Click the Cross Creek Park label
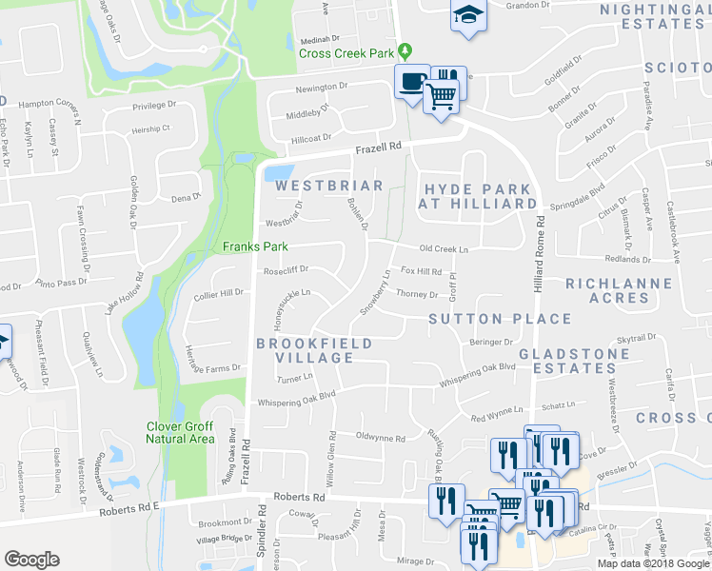pyautogui.click(x=346, y=53)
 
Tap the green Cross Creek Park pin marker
pyautogui.click(x=405, y=50)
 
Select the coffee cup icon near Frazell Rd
pyautogui.click(x=411, y=82)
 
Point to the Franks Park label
pyautogui.click(x=255, y=246)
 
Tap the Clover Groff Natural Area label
pyautogui.click(x=180, y=432)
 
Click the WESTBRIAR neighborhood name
pyautogui.click(x=328, y=187)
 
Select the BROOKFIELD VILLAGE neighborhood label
pyautogui.click(x=313, y=349)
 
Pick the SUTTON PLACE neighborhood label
pyautogui.click(x=499, y=319)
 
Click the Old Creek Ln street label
pyautogui.click(x=445, y=248)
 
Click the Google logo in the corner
pyautogui.click(x=31, y=560)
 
